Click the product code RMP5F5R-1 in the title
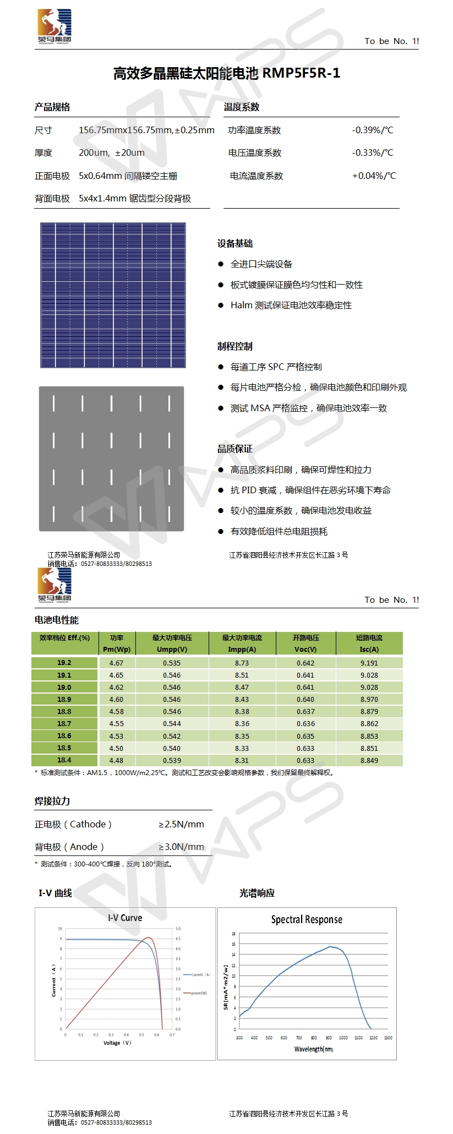301,73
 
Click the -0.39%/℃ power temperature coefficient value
373,130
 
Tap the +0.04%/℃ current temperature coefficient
374,176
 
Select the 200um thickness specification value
112,153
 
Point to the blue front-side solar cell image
113,295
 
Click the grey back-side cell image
111,459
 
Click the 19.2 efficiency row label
64,663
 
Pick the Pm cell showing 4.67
116,663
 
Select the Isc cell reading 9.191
369,663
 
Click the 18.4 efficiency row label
64,760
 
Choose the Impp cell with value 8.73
242,663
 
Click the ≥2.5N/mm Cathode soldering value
182,825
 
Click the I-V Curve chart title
125,918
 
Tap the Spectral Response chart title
307,920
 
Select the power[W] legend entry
199,993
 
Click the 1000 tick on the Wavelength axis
343,1038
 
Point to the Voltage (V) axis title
117,1043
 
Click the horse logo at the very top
54,25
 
